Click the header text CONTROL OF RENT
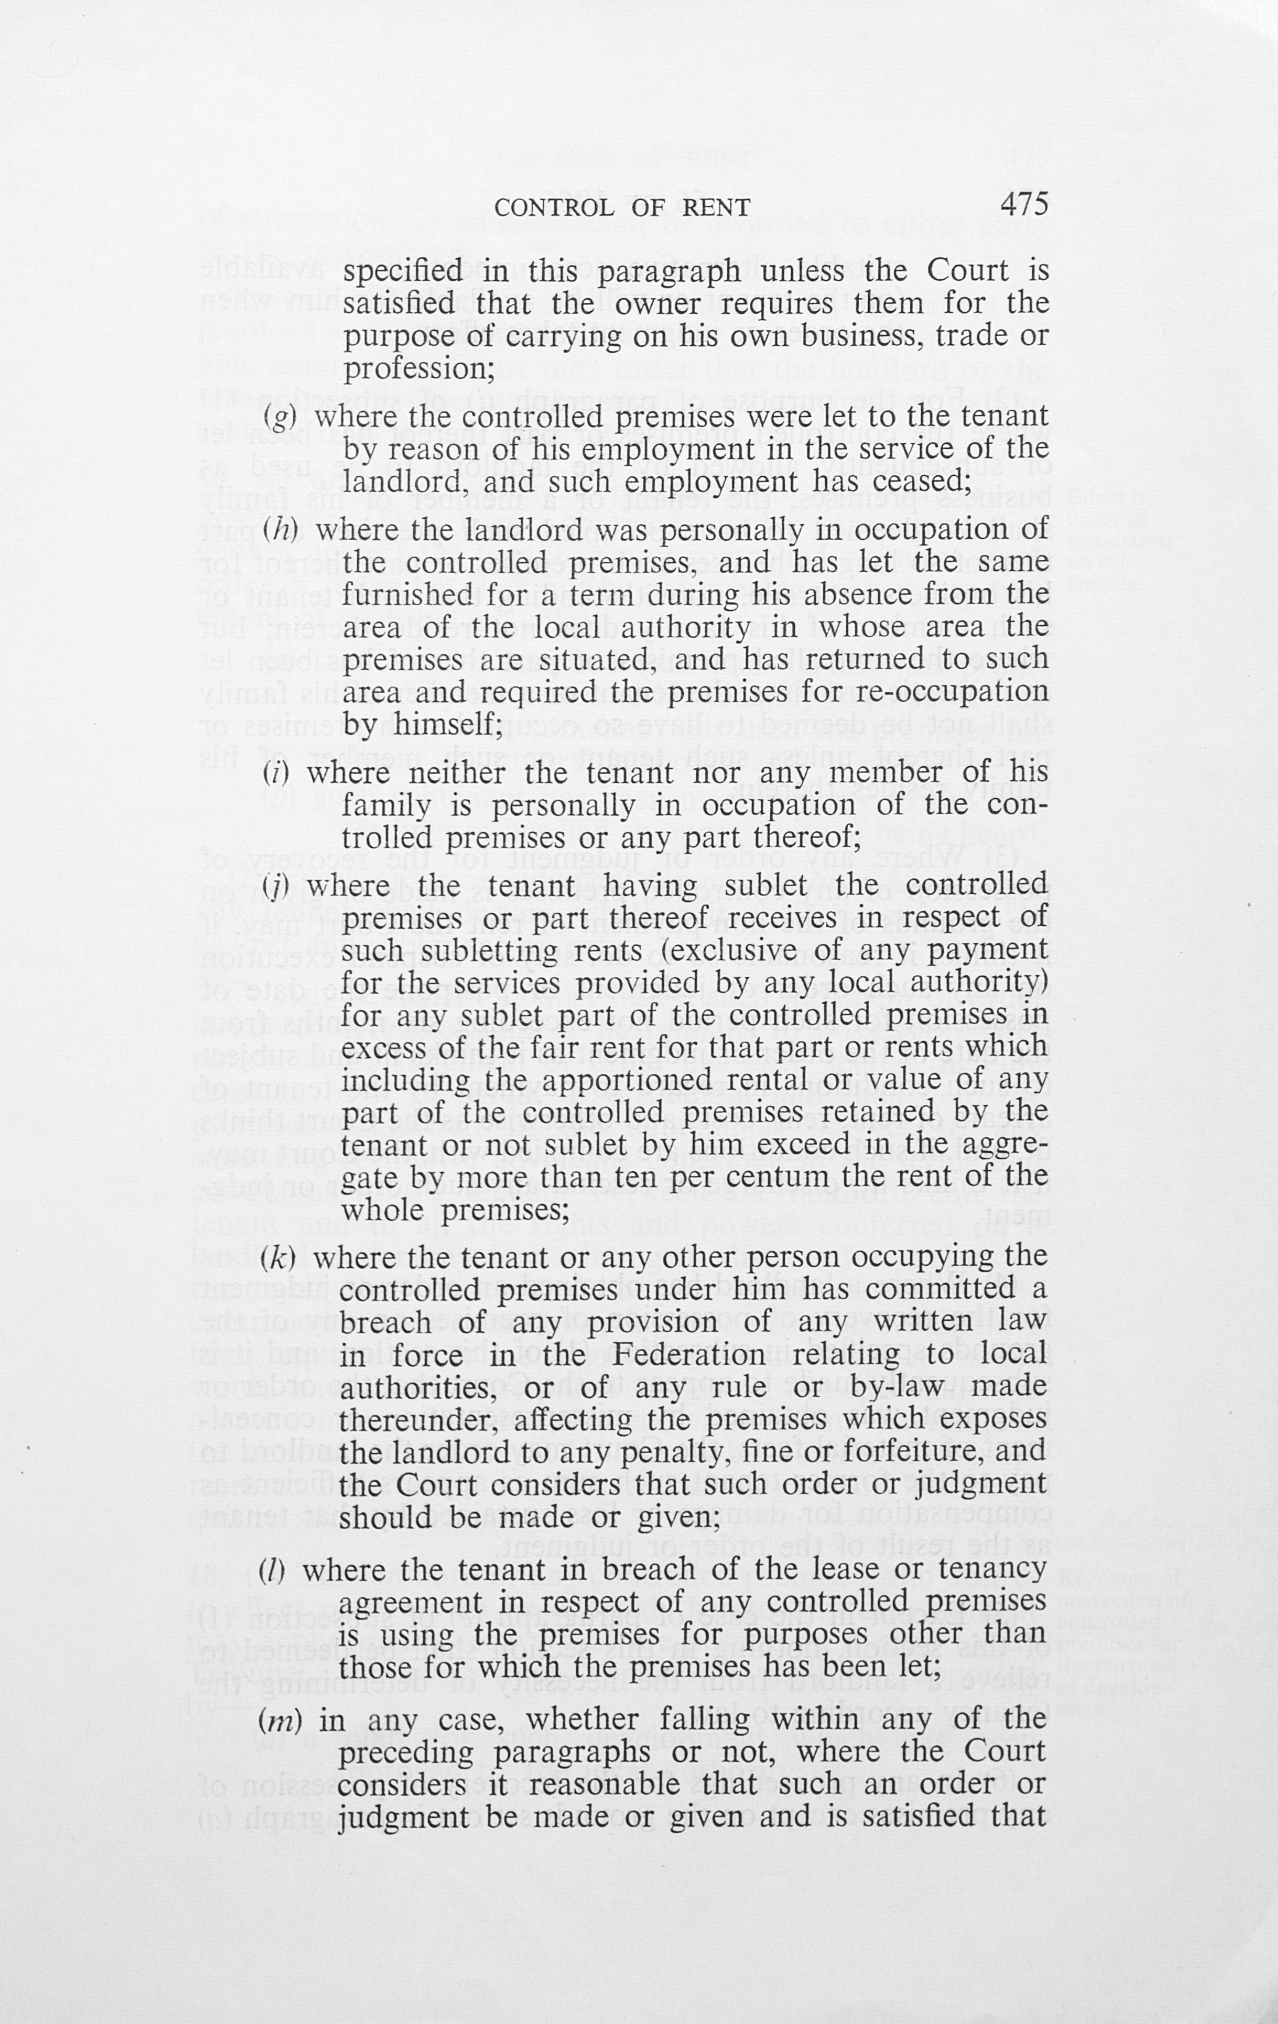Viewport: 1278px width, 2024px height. click(x=622, y=207)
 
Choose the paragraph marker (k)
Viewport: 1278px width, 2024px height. click(x=277, y=1257)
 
